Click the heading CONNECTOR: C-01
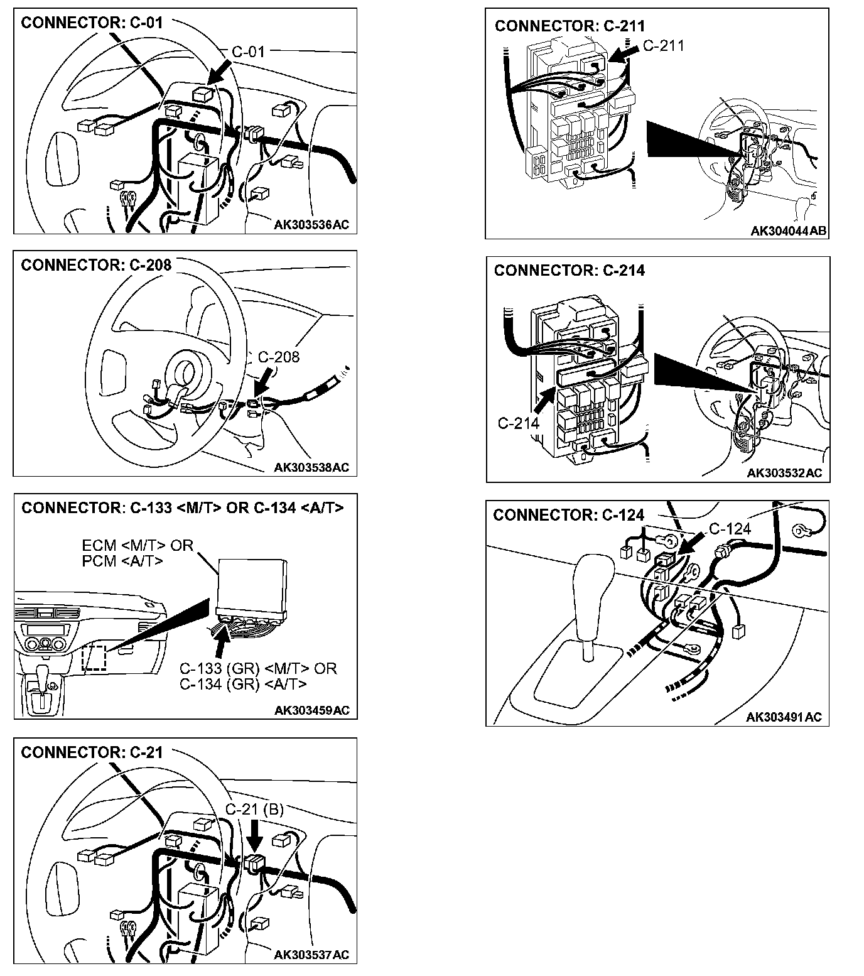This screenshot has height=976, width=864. [x=92, y=23]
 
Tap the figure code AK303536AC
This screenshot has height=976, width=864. [x=311, y=225]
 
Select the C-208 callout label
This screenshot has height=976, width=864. [x=279, y=357]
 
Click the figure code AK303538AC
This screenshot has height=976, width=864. [x=311, y=467]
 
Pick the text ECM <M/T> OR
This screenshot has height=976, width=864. [x=138, y=545]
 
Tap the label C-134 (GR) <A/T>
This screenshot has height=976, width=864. [x=243, y=683]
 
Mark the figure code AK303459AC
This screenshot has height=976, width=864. [x=311, y=710]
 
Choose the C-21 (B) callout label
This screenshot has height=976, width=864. [x=254, y=810]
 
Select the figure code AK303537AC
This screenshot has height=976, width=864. [x=311, y=955]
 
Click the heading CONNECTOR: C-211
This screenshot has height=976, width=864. [x=570, y=26]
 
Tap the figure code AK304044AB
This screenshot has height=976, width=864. [x=789, y=231]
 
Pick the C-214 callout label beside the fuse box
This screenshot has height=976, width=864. [x=519, y=423]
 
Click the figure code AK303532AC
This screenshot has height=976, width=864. [x=784, y=473]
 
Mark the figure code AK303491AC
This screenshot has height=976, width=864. [x=784, y=717]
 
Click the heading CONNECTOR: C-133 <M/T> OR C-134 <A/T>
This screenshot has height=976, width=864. [x=183, y=507]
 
